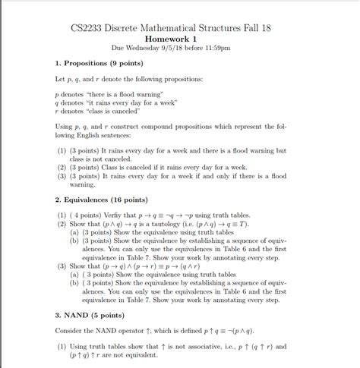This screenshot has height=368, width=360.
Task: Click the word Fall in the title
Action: pos(249,29)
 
